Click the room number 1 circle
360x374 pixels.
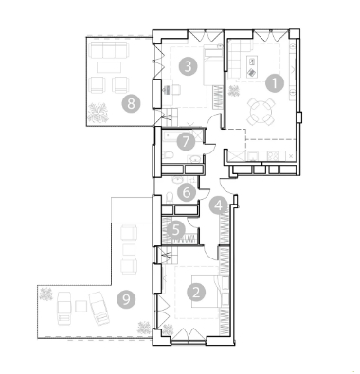pos(275,83)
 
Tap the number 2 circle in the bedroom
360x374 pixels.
pos(196,293)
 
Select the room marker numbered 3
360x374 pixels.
pos(188,66)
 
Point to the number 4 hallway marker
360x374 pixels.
pos(219,205)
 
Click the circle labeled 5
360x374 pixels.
pos(176,230)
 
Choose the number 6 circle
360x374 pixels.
pos(187,192)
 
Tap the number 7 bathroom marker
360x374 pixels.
pos(186,141)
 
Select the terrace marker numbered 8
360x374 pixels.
pos(131,102)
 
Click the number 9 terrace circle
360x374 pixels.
pos(126,299)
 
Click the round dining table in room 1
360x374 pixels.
pos(261,112)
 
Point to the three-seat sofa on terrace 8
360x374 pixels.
pos(109,50)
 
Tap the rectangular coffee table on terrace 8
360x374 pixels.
pos(109,67)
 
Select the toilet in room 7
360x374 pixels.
pos(169,154)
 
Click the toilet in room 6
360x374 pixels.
pos(170,198)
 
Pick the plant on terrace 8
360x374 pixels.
pos(98,113)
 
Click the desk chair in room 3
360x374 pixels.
pos(175,90)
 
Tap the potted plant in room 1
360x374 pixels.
pos(234,91)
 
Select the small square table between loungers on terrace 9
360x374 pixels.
pos(81,306)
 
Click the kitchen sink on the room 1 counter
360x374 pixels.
pos(253,156)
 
